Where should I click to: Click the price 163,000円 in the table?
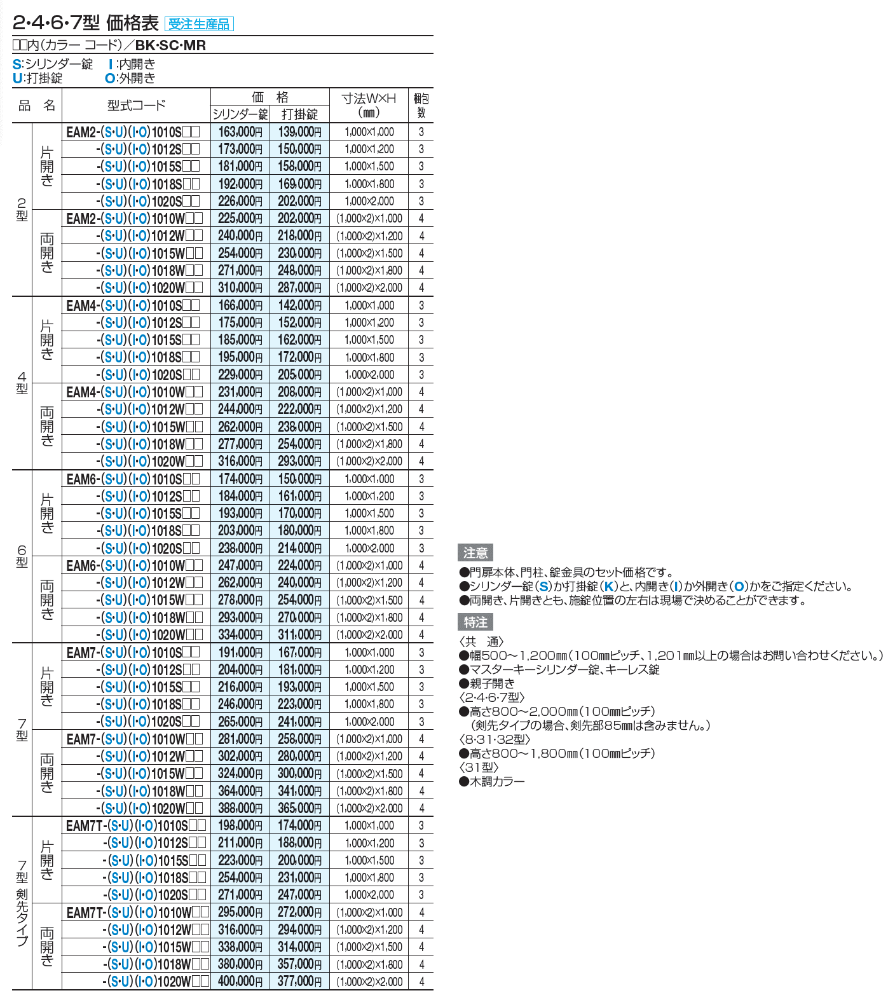[x=240, y=132]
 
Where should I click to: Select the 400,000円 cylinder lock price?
[x=240, y=982]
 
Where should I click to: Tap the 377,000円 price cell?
[x=299, y=982]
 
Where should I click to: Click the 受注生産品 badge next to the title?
[x=199, y=25]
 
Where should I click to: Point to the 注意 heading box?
[x=475, y=552]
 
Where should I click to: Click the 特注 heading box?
[x=475, y=622]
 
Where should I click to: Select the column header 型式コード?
[x=136, y=106]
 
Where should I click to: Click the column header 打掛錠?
[x=299, y=114]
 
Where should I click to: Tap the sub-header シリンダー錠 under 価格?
[x=240, y=114]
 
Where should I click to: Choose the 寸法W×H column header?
[x=369, y=106]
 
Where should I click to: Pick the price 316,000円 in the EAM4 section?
[x=240, y=462]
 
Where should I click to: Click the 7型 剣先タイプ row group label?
[x=22, y=903]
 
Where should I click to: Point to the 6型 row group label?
[x=22, y=556]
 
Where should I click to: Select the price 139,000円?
[x=299, y=132]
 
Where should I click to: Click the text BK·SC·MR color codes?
[x=170, y=46]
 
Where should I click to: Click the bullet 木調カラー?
[x=496, y=781]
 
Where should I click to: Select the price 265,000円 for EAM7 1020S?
[x=240, y=722]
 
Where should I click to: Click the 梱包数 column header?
[x=421, y=106]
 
